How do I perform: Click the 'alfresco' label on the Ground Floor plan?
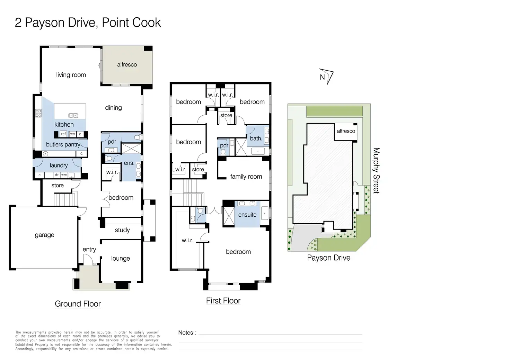coord(127,65)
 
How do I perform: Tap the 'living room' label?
coord(71,75)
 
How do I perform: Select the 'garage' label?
coord(44,235)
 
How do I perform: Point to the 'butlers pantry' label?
coord(63,145)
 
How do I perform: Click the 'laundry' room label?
coord(59,165)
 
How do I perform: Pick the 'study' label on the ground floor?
coord(122,230)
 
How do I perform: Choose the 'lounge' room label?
coord(121,259)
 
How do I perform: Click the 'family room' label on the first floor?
coord(246,177)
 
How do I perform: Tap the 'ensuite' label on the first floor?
coord(247,215)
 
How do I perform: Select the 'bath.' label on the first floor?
coord(256,138)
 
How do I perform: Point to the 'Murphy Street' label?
coord(376,170)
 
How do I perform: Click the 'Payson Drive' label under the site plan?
coord(328,258)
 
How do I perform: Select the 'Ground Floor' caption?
coord(78,304)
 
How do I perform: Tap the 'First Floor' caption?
coord(223,301)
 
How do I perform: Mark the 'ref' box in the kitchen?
coord(63,134)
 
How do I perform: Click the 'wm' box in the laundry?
coord(64,175)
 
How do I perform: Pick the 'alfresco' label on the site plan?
coord(346,131)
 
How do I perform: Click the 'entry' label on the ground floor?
coord(89,250)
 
